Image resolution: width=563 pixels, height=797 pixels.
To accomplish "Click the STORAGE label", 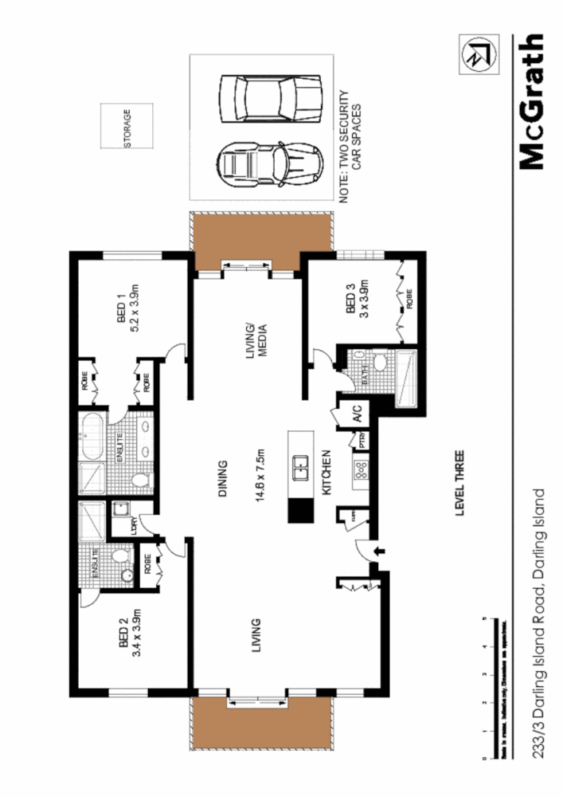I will pyautogui.click(x=127, y=128).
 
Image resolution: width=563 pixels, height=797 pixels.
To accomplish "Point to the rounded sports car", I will pyautogui.click(x=270, y=163).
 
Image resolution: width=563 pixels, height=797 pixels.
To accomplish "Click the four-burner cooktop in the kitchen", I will pyautogui.click(x=358, y=476).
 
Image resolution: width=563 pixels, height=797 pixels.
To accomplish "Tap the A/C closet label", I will pyautogui.click(x=357, y=413).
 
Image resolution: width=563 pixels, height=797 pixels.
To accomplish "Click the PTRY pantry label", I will pyautogui.click(x=363, y=439).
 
